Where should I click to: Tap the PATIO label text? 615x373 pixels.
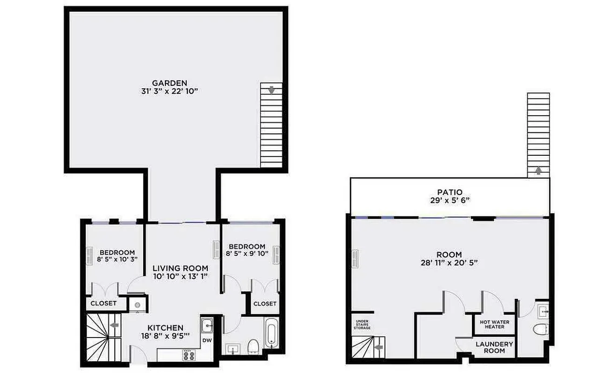coord(450,192)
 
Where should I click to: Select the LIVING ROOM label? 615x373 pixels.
coord(180,268)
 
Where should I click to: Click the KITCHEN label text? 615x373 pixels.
coord(165,328)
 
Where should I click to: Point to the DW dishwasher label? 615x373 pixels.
coord(207,341)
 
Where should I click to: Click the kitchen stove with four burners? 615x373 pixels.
coord(189,355)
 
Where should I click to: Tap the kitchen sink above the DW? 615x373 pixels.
coord(207,325)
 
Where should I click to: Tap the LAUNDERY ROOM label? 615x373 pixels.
coord(494,347)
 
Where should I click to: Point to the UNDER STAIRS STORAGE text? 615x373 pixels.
coord(363,325)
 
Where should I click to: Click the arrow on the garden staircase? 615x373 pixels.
coord(271,90)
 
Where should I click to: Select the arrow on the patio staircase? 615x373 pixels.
coord(538,170)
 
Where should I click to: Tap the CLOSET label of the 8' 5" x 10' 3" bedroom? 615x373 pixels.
coord(103,304)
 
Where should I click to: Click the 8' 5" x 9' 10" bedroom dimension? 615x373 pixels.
coord(247,254)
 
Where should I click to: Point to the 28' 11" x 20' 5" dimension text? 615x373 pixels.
coord(449,262)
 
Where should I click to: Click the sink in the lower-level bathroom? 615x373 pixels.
coord(542,309)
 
